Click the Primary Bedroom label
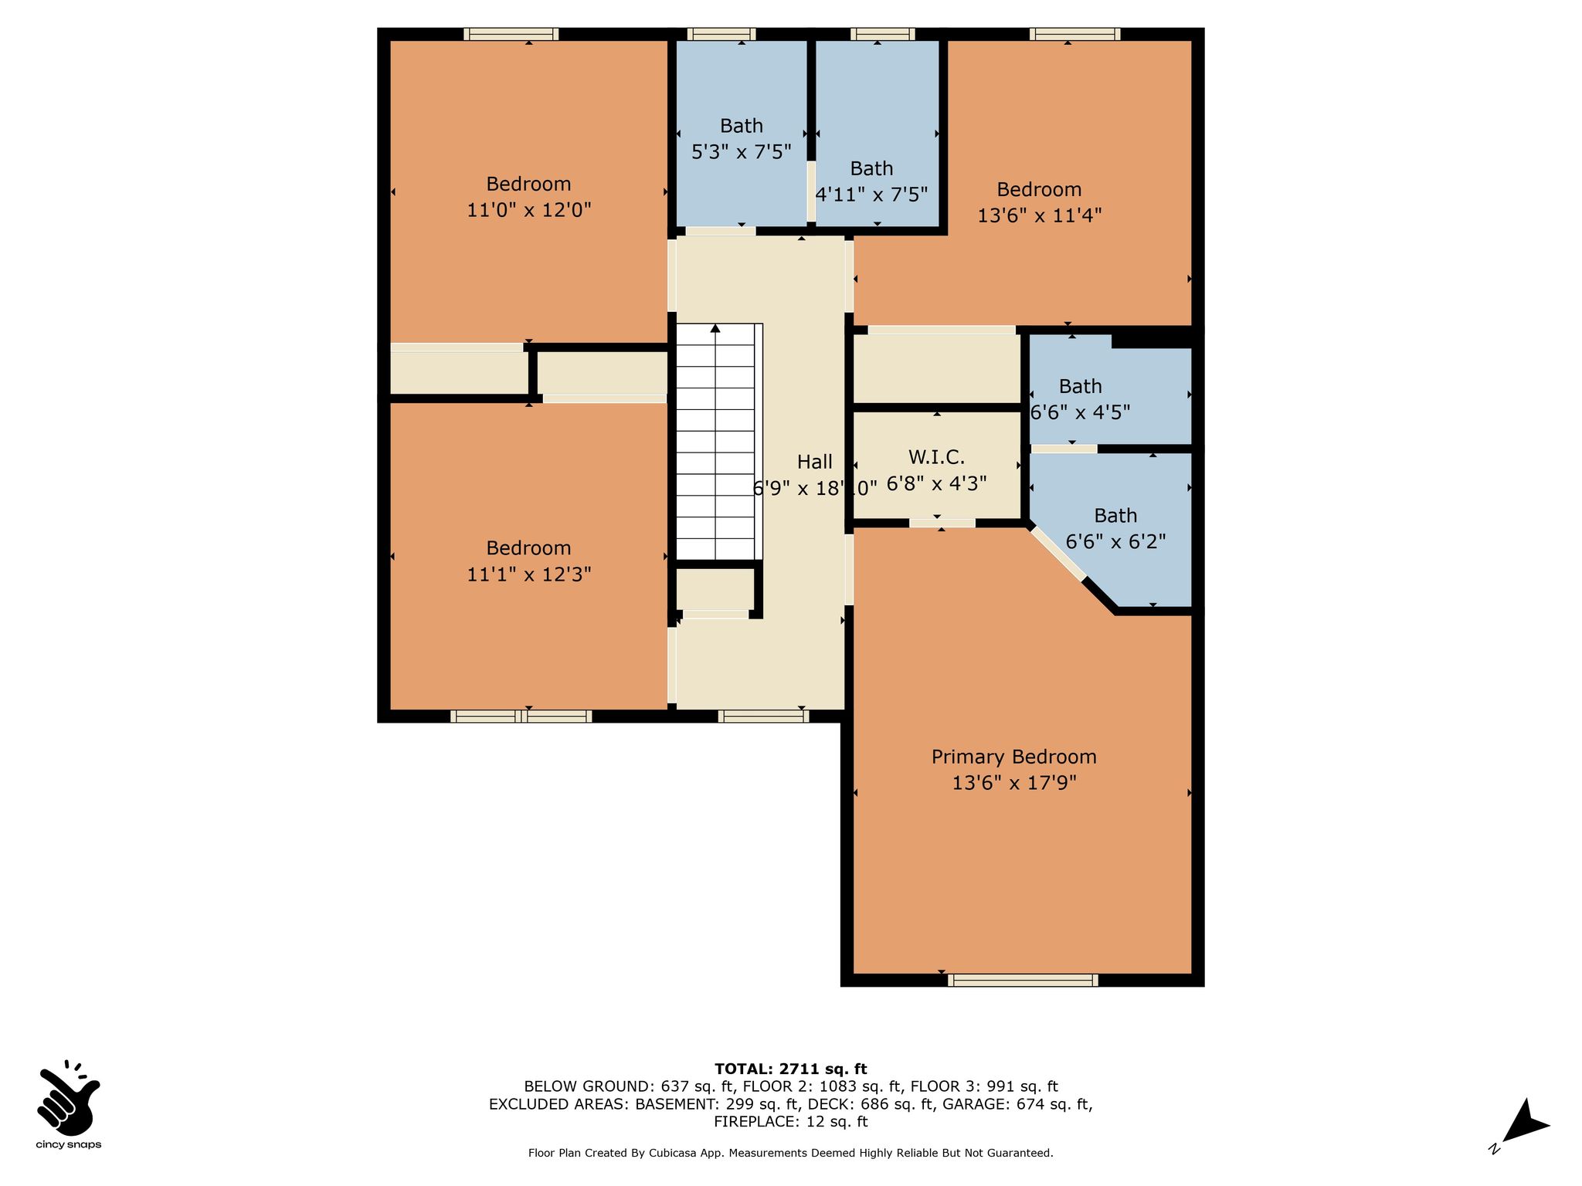(1013, 757)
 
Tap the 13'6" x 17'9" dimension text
(1013, 783)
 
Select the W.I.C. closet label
(936, 457)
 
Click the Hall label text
(815, 462)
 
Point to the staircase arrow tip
(715, 326)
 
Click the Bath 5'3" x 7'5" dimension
(742, 151)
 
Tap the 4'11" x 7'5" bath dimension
(871, 195)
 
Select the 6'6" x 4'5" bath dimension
(1081, 412)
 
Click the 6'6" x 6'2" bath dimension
(1115, 542)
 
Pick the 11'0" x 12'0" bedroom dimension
(529, 210)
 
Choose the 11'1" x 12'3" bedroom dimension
(529, 574)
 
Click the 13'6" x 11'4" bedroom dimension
(1039, 215)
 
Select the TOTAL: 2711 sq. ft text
(791, 1069)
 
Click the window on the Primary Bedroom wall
(1023, 980)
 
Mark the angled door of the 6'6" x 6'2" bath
(1057, 553)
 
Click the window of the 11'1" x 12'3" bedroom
(521, 716)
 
